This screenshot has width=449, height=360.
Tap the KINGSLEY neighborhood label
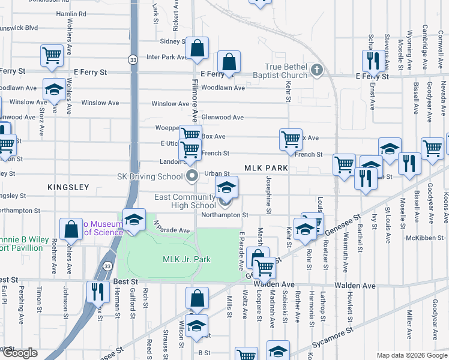[68, 187]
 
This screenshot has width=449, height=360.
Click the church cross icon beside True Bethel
[318, 71]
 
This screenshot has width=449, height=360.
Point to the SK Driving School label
[149, 176]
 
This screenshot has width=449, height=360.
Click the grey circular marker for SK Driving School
[193, 176]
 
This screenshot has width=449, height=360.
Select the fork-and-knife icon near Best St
[96, 291]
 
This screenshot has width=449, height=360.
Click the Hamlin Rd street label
[71, 13]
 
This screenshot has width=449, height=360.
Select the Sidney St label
[173, 41]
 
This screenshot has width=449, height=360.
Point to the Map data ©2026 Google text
[411, 355]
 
